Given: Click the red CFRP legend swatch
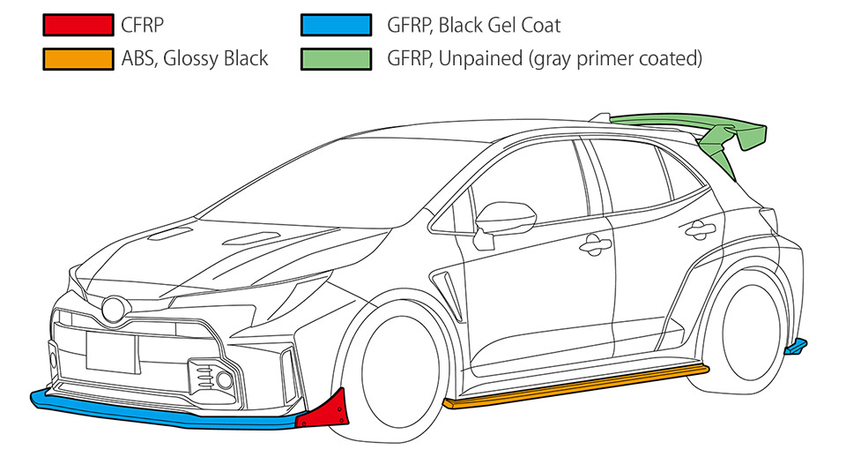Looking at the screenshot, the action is coord(78,25).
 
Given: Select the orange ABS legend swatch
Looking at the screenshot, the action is coord(78,59).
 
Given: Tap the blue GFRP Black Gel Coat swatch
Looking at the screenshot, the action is coord(336,25).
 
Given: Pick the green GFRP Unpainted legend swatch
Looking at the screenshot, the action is coord(336,59).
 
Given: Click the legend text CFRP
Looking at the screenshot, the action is coord(142,25).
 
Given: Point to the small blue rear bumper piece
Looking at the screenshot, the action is coord(795,346).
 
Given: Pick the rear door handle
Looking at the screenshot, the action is coord(700,228).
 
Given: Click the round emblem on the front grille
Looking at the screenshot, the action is coord(115,309).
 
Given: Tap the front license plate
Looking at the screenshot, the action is coord(112,352).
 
